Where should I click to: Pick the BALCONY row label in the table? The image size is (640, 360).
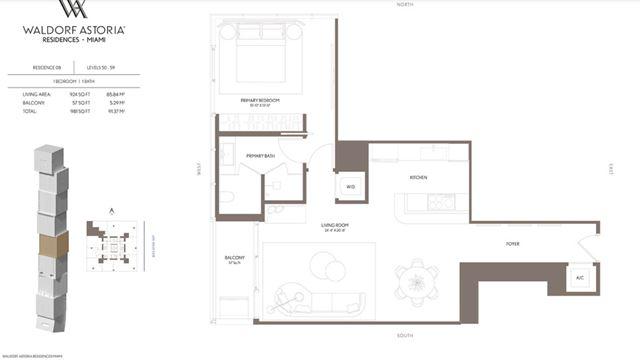coord(33,102)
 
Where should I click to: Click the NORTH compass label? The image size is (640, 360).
coord(404,5)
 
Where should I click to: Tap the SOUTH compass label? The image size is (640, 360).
coord(404,335)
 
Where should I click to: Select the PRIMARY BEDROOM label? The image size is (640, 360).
coord(258,101)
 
